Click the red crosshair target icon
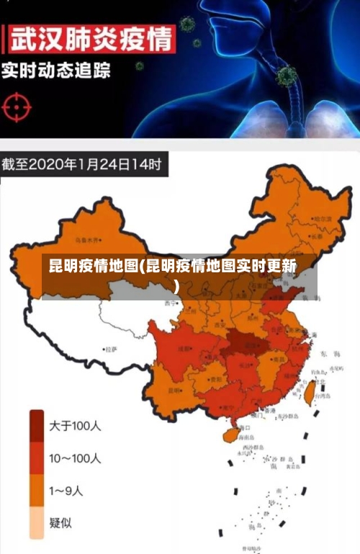point(17,107)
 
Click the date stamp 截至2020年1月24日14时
point(83,164)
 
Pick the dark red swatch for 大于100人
point(37,426)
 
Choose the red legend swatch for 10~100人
point(37,458)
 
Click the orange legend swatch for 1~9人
point(37,491)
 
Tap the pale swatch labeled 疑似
point(37,522)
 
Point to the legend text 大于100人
point(76,426)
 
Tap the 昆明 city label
point(175,390)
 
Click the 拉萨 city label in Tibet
point(110,349)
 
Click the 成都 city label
point(185,349)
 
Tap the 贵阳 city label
point(215,377)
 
